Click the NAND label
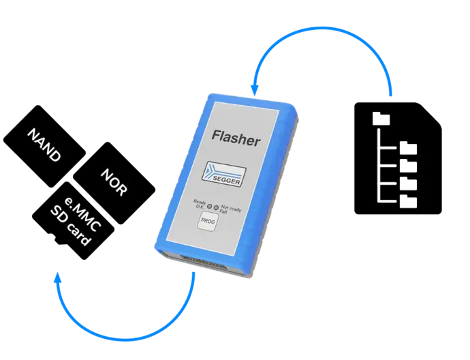click(x=44, y=145)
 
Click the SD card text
click(x=71, y=227)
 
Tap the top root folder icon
click(x=382, y=119)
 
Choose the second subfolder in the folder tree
click(x=409, y=166)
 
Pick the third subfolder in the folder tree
click(x=409, y=183)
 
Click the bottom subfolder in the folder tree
click(x=409, y=201)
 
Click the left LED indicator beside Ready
click(x=210, y=205)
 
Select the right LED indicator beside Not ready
click(x=217, y=207)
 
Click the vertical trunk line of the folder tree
click(x=379, y=164)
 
